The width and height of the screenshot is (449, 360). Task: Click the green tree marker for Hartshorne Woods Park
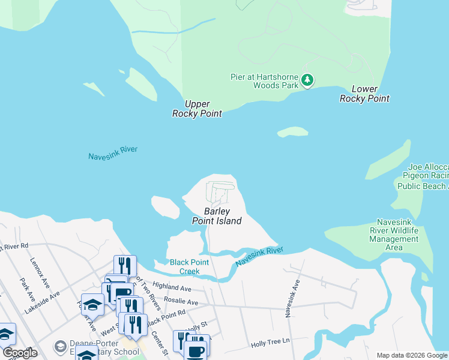click(307, 80)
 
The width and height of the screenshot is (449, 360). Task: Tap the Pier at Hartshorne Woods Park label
click(264, 81)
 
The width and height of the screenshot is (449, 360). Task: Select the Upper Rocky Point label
click(197, 109)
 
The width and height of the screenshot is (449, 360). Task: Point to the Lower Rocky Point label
click(364, 94)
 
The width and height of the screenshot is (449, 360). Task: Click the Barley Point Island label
click(216, 216)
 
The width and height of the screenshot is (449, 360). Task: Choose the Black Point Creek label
click(192, 267)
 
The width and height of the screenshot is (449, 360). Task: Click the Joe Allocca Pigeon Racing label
click(423, 176)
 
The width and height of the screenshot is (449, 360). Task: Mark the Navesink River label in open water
click(113, 152)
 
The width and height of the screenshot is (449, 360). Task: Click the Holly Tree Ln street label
click(270, 341)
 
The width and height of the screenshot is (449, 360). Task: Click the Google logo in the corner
click(19, 353)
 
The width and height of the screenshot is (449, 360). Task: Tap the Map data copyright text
click(412, 355)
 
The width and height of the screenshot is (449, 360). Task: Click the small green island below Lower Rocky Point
click(292, 131)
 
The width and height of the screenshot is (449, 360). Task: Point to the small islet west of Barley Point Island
click(165, 207)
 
